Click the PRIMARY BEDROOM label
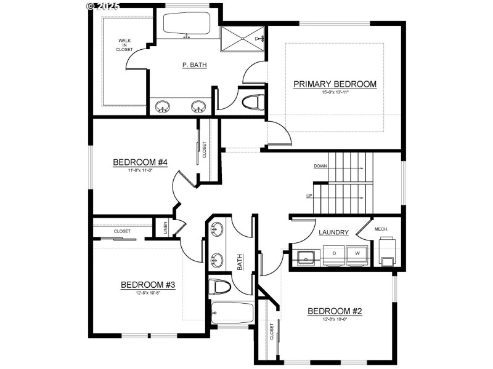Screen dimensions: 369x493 tap(335, 84)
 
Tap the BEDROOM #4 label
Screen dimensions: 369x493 tap(141, 162)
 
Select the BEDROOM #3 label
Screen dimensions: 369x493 tap(148, 285)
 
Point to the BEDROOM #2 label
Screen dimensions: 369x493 tap(335, 311)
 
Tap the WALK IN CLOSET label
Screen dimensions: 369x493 tap(124, 45)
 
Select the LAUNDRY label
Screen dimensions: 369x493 tap(334, 232)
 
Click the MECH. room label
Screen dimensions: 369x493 tap(381, 229)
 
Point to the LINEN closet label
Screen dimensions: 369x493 tap(165, 228)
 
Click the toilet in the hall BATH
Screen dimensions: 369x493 tap(220, 286)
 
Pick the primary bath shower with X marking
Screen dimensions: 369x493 tap(243, 38)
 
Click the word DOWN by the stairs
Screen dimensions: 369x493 tap(320, 166)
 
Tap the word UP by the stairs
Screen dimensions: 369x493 tap(309, 196)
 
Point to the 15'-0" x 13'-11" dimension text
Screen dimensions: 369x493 tap(335, 93)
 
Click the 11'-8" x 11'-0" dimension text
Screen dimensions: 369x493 tap(141, 170)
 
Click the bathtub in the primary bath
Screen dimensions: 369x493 tap(186, 25)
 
